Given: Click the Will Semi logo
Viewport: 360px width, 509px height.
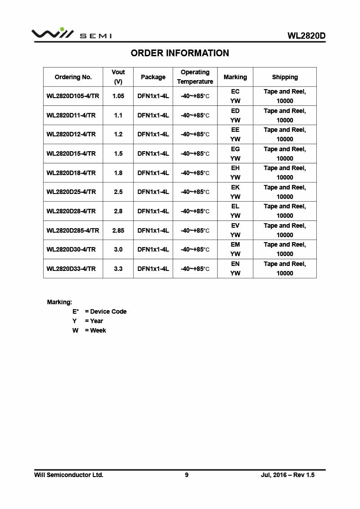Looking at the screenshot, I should point(71,34).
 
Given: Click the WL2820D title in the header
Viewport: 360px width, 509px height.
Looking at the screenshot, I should point(306,36).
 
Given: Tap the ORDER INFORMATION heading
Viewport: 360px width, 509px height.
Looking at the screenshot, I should point(180,53).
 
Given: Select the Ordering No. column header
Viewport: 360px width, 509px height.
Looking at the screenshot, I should point(73,77).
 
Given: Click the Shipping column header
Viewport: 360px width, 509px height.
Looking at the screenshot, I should point(285,77).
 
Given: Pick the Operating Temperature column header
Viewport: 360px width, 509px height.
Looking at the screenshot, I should point(195,77).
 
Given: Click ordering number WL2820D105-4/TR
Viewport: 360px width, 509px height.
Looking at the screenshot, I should point(72,96).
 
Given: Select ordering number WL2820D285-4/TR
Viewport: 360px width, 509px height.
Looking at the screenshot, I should point(72,230).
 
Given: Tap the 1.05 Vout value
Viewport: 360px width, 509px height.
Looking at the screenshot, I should point(118,96).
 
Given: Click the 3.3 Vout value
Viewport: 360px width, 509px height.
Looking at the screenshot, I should point(118,269).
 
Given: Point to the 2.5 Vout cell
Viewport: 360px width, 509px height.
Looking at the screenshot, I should point(118,192).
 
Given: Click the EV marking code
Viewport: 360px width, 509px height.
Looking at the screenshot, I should point(235,225).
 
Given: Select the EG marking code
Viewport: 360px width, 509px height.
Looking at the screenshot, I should point(235,149).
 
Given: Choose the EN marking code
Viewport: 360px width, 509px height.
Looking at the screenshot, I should point(235,264).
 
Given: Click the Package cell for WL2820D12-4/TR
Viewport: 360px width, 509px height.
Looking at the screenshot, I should point(153,134).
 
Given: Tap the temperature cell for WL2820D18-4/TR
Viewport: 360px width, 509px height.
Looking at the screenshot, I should point(195,173).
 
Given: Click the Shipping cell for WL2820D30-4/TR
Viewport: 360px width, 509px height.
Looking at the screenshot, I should point(285,249).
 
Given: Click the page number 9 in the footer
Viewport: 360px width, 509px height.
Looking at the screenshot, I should point(187,475).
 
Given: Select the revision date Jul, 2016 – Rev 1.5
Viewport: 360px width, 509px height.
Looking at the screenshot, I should point(288,475).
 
